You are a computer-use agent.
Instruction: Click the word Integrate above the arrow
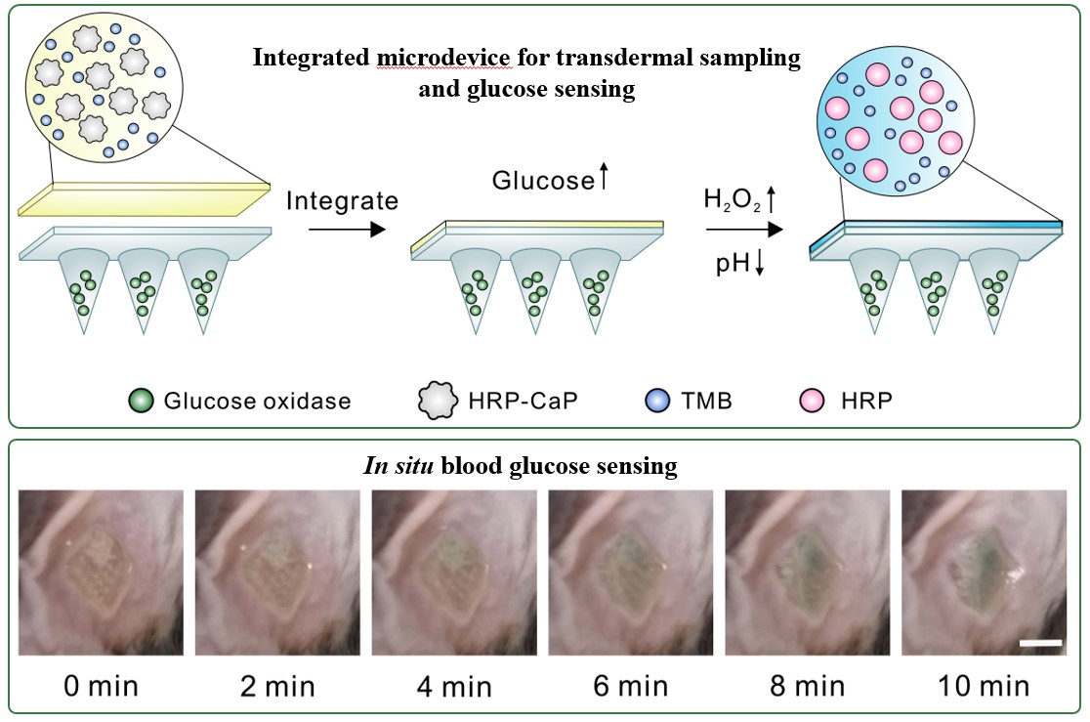tap(343, 202)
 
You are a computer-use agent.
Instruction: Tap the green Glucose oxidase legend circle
tap(142, 401)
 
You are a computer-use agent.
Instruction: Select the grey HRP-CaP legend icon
tap(439, 401)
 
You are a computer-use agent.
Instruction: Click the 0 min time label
tap(101, 686)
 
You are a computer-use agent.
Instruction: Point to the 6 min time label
tap(630, 686)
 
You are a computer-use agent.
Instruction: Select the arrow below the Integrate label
tap(342, 232)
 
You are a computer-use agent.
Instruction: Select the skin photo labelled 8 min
tap(807, 573)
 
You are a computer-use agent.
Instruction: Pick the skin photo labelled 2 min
tap(277, 573)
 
